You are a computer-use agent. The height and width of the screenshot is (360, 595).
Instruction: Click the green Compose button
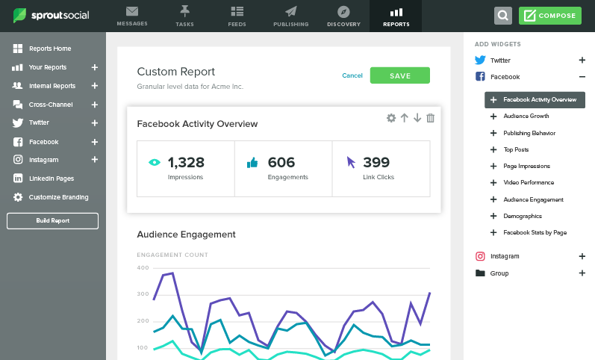(549, 16)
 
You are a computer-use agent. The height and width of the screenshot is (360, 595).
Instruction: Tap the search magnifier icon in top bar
(503, 16)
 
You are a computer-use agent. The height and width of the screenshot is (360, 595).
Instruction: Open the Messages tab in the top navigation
(132, 16)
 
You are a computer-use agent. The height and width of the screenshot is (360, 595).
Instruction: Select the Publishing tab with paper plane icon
(290, 16)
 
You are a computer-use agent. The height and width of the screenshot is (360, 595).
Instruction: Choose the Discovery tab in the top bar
(343, 16)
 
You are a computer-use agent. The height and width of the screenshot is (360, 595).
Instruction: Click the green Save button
(399, 75)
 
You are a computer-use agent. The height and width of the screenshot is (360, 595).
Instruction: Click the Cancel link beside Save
(352, 75)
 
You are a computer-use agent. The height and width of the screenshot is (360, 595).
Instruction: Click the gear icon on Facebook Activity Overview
(390, 118)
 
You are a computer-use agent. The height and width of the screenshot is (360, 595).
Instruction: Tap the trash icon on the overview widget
(430, 118)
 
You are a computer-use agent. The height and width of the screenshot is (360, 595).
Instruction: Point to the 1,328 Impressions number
(186, 162)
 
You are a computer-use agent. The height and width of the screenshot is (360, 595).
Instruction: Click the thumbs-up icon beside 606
(252, 162)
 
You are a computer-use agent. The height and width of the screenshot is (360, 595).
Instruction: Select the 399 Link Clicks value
(377, 162)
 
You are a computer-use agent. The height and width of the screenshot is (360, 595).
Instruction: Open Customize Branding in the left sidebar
(58, 197)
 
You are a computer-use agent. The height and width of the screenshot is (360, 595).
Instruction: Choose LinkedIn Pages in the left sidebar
(51, 179)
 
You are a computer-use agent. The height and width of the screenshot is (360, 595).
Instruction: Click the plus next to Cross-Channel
(95, 105)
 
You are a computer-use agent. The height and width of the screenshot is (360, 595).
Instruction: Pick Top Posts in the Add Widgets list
(516, 149)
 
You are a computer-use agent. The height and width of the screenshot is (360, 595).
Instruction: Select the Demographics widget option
(523, 216)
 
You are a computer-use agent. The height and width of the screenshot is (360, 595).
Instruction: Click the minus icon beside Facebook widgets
(582, 77)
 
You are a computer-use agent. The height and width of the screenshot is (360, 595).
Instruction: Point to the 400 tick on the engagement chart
(143, 267)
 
